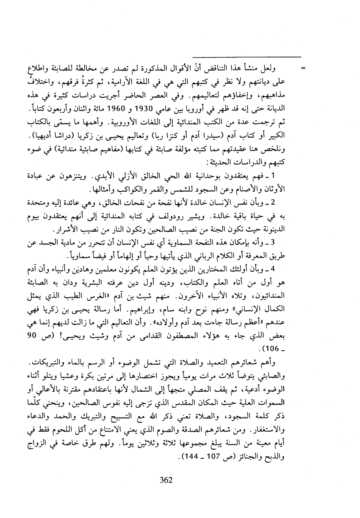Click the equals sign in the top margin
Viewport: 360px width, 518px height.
click(303, 69)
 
